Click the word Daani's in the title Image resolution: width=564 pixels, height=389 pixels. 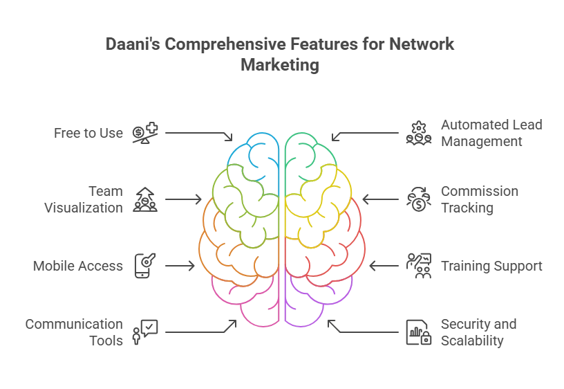[x=133, y=44]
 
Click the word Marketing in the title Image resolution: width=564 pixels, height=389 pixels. [x=280, y=65]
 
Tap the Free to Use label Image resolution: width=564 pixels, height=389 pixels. [x=88, y=133]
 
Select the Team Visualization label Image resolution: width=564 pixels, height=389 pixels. [x=84, y=199]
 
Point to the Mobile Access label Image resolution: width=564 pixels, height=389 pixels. [x=77, y=266]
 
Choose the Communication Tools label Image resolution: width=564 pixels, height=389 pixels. [x=74, y=332]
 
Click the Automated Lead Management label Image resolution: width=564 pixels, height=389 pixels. [x=491, y=133]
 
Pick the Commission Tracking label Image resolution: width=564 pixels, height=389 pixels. [x=480, y=199]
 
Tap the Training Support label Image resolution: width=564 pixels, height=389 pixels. [x=491, y=266]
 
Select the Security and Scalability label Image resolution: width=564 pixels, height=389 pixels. [x=479, y=332]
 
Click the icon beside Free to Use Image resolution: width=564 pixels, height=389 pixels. [x=145, y=133]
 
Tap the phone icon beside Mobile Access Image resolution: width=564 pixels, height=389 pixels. [x=145, y=266]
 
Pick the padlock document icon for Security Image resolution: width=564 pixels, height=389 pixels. [x=419, y=332]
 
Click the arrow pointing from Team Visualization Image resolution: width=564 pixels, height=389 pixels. [x=183, y=199]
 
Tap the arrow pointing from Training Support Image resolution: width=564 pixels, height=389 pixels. [x=384, y=266]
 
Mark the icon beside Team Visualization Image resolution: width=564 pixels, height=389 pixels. [x=145, y=199]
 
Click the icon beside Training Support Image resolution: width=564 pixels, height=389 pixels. [x=419, y=266]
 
